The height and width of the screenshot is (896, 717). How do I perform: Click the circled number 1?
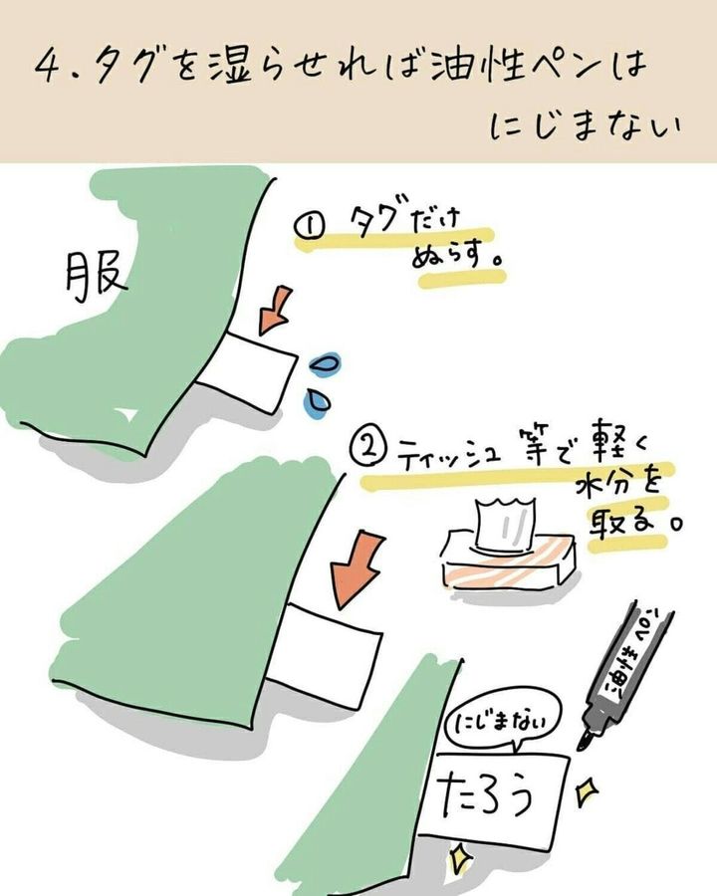coord(310,226)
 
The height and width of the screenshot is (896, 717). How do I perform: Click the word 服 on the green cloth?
coord(96,280)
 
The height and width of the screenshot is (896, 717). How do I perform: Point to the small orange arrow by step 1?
coord(275,310)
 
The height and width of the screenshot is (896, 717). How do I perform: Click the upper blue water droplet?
coord(325,363)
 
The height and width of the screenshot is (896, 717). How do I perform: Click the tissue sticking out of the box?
coord(504,525)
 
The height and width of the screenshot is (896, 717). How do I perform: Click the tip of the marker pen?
coord(584,747)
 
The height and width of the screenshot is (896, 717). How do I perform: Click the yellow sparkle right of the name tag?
coord(586,792)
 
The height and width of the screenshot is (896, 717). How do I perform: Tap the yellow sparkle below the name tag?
coord(460,859)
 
